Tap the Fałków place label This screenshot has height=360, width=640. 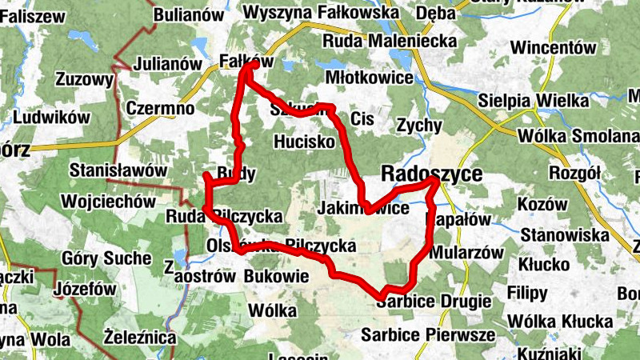coord(246,61)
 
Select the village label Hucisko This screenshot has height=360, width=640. coord(303,142)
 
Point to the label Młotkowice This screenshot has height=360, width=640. coord(370,78)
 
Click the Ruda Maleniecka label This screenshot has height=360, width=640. coord(390,41)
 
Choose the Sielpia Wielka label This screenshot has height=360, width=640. coord(534,102)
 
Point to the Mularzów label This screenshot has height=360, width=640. coord(466,252)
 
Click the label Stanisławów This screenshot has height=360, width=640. coord(118,170)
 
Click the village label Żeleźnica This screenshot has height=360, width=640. coord(141,338)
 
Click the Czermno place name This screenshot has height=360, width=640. coord(161,108)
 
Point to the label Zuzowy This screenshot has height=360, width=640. coord(85,79)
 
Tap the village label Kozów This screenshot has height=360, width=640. coord(542,205)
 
